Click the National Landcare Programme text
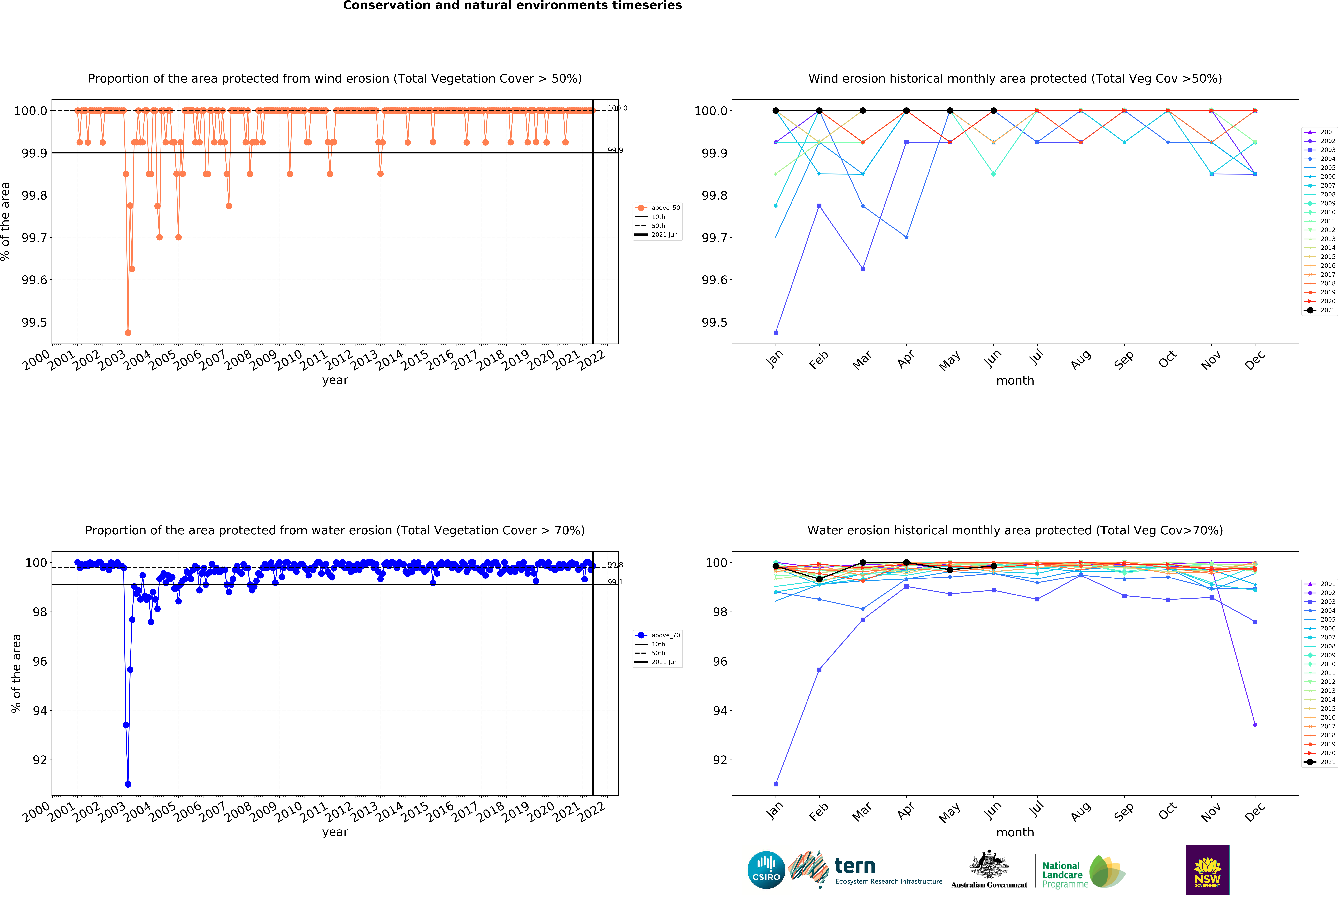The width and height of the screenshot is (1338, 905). coord(1062,874)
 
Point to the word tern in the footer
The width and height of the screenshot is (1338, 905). coord(855,866)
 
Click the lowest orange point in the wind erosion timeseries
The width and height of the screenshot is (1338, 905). coord(128,332)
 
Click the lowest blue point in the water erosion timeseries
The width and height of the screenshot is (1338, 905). coord(128,784)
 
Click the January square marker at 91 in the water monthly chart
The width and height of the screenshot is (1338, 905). coord(776,784)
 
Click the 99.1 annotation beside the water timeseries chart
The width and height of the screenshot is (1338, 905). coord(615,582)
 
